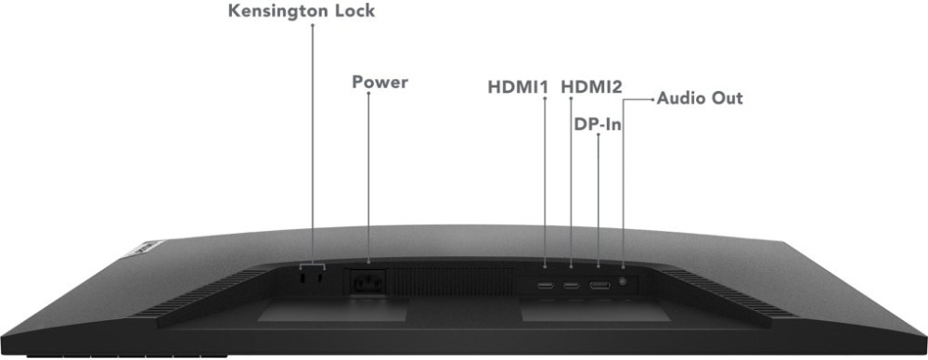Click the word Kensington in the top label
coord(279,11)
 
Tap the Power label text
coord(380,82)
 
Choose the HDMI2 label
coord(591,87)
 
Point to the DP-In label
coord(598,124)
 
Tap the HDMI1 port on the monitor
coord(545,286)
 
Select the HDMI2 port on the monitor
coord(571,286)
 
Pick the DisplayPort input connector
coord(599,286)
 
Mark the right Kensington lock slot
coord(319,276)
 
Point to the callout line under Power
coord(368,176)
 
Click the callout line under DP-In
coord(599,200)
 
